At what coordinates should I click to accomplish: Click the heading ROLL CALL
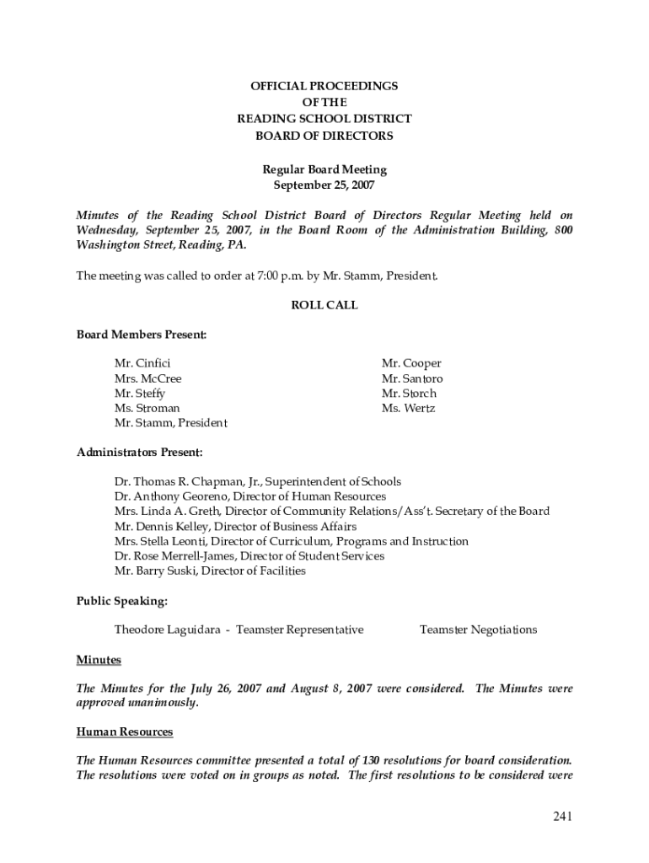(324, 305)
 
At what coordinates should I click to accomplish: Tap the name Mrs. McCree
(148, 378)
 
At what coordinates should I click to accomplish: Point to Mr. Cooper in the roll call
(411, 363)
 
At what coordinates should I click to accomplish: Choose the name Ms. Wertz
(408, 409)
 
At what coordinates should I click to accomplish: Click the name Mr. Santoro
(412, 378)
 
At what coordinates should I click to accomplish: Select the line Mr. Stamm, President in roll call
(171, 423)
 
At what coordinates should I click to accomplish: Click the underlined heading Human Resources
(125, 732)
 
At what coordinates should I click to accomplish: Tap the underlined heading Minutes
(99, 659)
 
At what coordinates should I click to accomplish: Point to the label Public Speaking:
(122, 601)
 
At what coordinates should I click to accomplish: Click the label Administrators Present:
(140, 453)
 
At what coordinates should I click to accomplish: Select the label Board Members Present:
(142, 335)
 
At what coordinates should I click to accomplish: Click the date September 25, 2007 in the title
(324, 185)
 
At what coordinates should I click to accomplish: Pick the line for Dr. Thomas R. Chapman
(258, 482)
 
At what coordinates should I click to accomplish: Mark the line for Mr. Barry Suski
(210, 571)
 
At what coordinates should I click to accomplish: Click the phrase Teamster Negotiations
(478, 630)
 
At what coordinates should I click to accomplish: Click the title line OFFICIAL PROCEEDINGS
(324, 86)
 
